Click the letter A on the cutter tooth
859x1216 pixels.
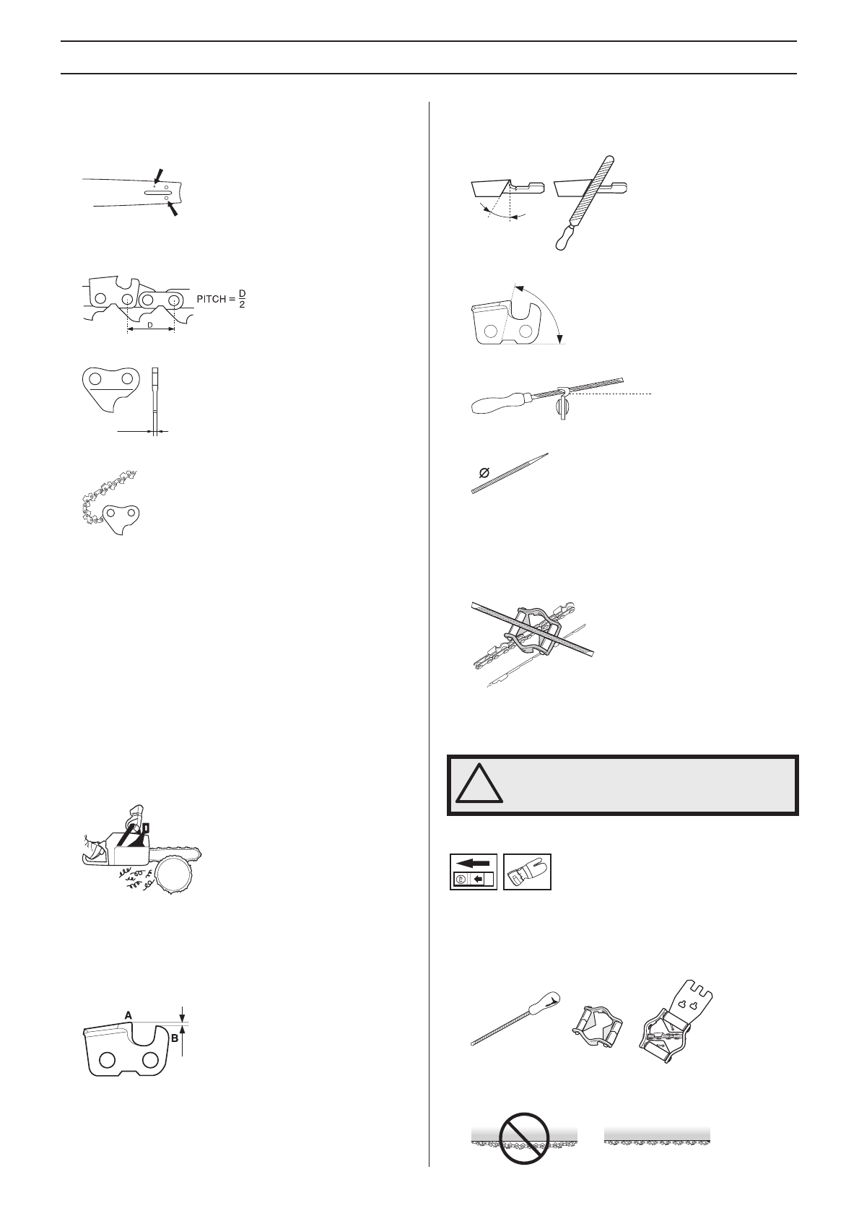[128, 1015]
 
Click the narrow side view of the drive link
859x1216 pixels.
[155, 401]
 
